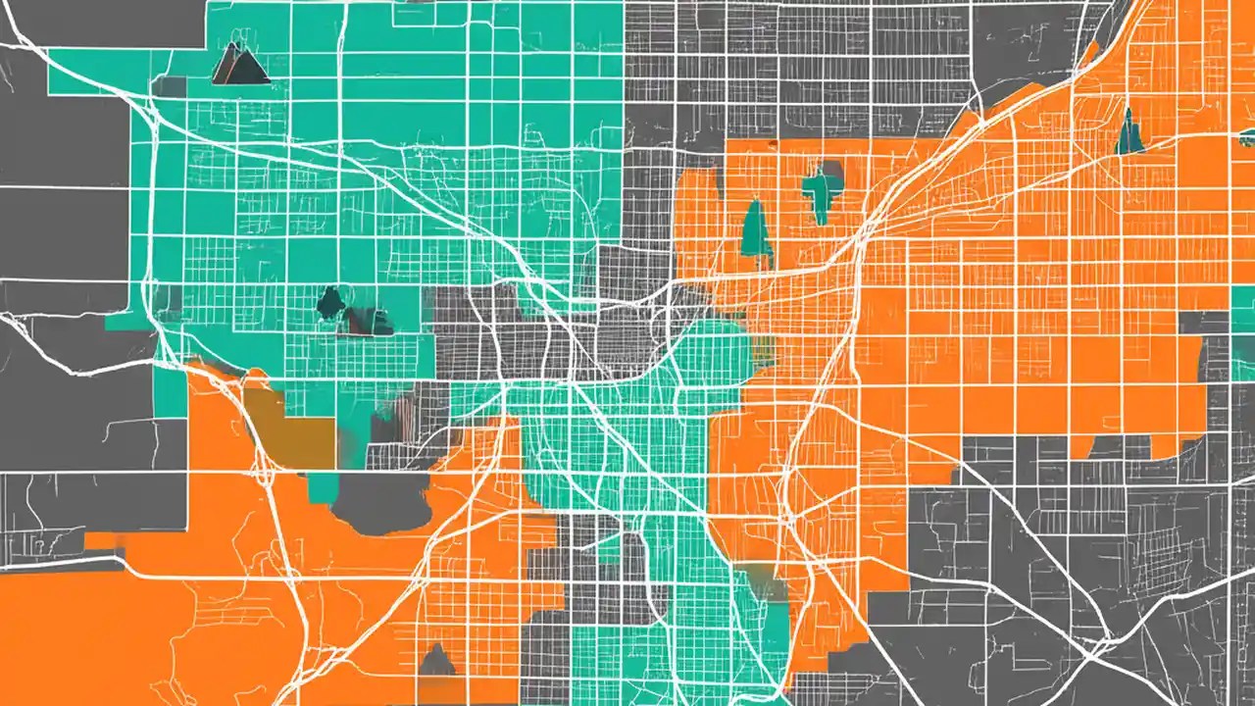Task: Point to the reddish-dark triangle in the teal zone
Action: tap(367, 321)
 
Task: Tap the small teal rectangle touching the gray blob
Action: tap(322, 486)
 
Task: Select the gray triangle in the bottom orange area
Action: tap(436, 661)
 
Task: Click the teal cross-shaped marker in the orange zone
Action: tap(822, 189)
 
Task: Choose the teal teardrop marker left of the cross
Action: tap(754, 227)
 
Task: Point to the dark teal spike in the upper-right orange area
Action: tap(1130, 132)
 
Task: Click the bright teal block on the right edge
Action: tap(1243, 323)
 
